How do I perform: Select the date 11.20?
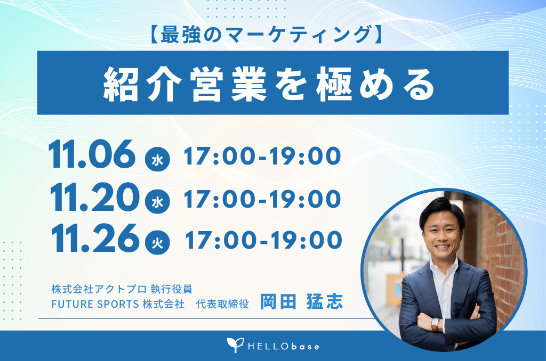[94, 197]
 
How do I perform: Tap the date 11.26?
[95, 238]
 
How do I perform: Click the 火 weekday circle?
[157, 242]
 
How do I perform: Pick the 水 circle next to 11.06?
[157, 159]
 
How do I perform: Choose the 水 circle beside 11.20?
[157, 201]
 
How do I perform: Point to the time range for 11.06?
[262, 156]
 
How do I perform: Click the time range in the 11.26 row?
[263, 240]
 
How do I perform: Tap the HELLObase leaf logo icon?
[235, 345]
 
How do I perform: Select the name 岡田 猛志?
[302, 301]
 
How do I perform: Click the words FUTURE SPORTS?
[95, 304]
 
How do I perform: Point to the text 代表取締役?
[222, 304]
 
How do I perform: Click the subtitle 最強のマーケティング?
[267, 35]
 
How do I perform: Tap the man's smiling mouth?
[442, 247]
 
